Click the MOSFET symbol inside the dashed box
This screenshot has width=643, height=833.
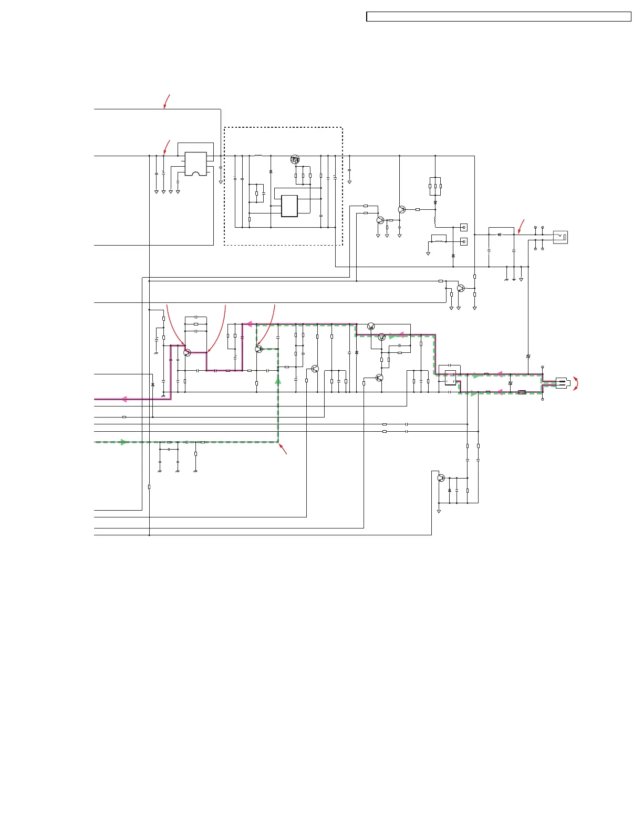click(295, 159)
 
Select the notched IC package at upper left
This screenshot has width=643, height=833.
click(195, 164)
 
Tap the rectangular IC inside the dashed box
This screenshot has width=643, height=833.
click(289, 206)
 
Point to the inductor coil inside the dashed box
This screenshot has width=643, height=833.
click(258, 156)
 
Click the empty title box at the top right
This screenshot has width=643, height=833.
click(498, 17)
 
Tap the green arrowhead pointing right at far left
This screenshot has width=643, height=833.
click(124, 442)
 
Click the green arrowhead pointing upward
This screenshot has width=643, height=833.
click(278, 380)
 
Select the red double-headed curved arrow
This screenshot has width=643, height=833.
click(576, 383)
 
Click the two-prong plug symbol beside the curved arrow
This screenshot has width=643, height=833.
click(561, 383)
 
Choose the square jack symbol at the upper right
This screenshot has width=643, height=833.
click(561, 237)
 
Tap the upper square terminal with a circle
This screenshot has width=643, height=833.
click(463, 228)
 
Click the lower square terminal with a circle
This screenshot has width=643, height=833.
click(463, 242)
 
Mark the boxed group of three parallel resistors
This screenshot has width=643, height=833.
click(435, 186)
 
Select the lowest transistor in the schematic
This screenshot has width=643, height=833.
click(441, 478)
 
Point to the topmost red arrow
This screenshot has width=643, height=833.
click(167, 101)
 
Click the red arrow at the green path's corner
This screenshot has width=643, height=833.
click(283, 449)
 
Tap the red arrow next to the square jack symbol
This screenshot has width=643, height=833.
click(521, 226)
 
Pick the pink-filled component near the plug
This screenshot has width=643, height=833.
click(522, 392)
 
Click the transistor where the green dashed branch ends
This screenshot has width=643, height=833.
click(258, 349)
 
